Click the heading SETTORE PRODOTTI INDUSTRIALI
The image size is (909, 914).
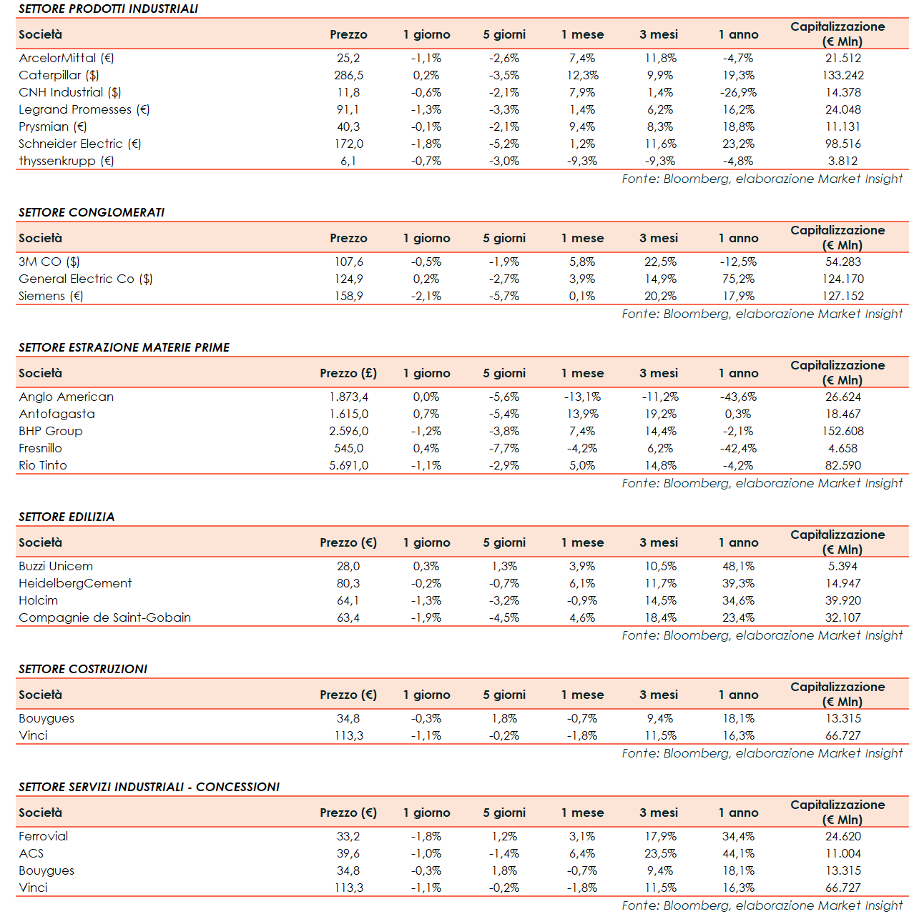(108, 9)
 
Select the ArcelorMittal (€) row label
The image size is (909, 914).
(67, 58)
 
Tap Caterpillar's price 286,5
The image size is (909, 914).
(348, 75)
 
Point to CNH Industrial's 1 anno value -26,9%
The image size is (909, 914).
(738, 92)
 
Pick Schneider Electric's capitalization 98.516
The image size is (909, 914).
(843, 144)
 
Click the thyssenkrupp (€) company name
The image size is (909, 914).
(67, 161)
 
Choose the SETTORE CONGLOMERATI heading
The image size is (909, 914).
(92, 213)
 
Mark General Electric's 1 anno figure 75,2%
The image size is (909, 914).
(738, 279)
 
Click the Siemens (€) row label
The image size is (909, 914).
(51, 296)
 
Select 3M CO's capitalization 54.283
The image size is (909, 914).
(843, 262)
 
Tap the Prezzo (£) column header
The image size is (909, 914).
(348, 373)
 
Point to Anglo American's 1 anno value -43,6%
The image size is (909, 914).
(738, 397)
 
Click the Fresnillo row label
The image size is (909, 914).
(41, 448)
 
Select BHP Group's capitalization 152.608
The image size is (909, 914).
(843, 431)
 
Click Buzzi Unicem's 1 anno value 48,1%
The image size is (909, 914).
(738, 566)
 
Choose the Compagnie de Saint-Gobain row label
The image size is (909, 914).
(104, 617)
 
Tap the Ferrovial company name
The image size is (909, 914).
(44, 836)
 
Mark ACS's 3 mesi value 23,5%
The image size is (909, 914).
(660, 853)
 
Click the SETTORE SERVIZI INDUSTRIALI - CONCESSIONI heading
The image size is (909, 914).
(149, 788)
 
